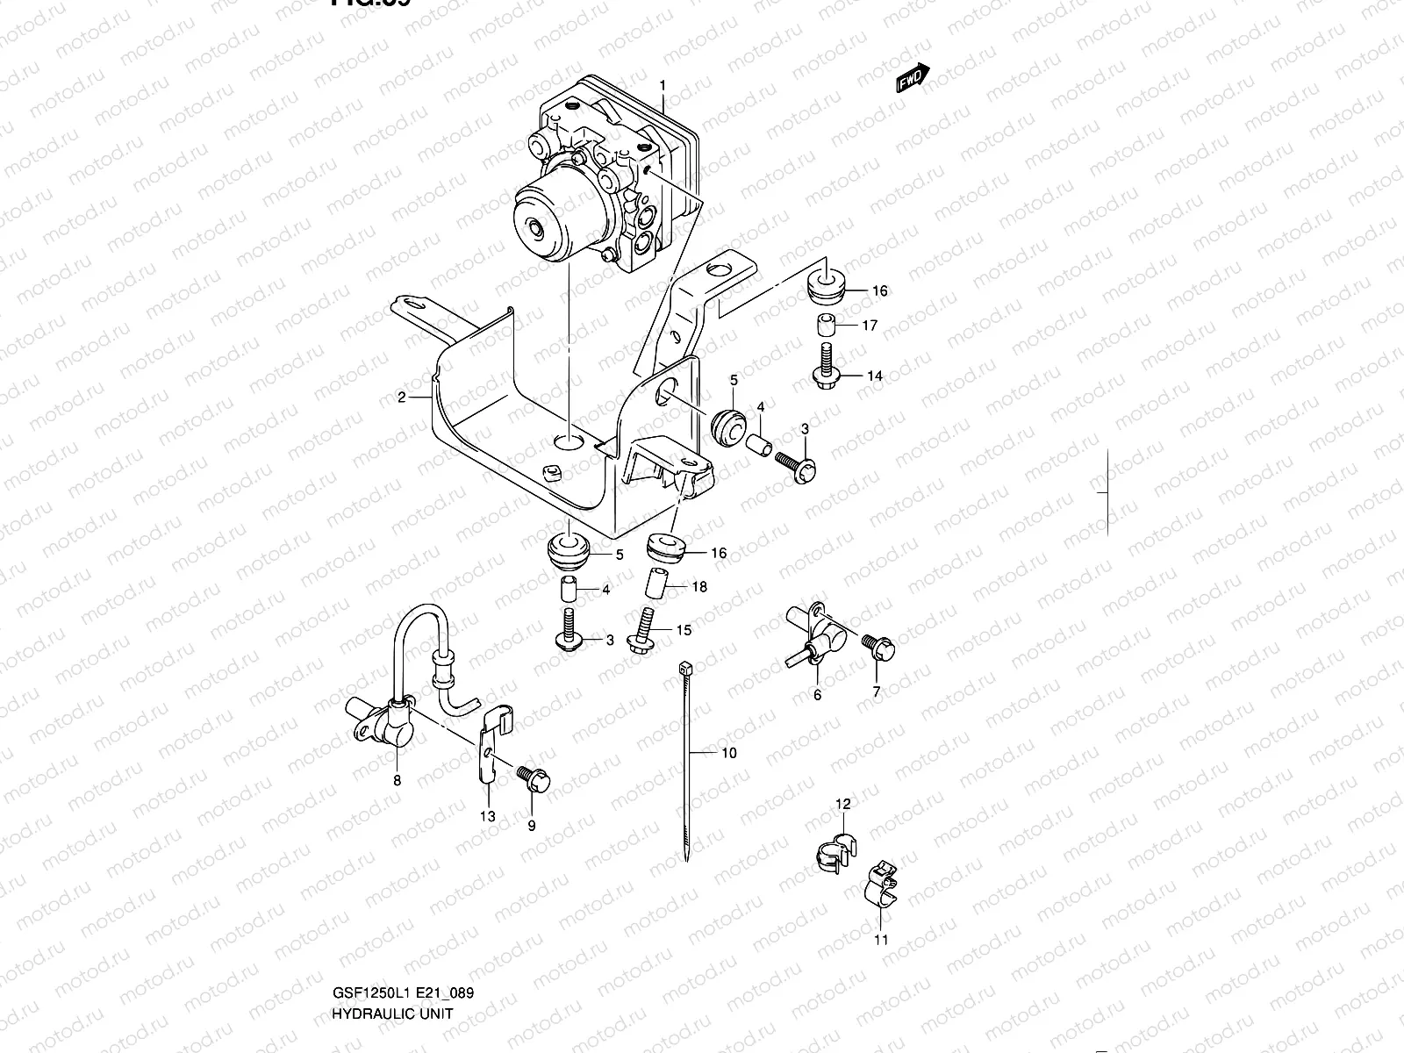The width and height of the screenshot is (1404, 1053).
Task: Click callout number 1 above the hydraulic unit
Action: pyautogui.click(x=663, y=86)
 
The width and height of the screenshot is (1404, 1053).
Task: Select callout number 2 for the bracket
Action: pyautogui.click(x=402, y=398)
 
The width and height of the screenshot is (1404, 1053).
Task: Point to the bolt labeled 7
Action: pyautogui.click(x=878, y=648)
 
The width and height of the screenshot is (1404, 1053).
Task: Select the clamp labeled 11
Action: pyautogui.click(x=881, y=887)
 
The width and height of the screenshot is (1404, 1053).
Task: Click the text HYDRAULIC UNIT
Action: pyautogui.click(x=392, y=1038)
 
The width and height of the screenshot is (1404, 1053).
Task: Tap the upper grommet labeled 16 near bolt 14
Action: pyautogui.click(x=825, y=285)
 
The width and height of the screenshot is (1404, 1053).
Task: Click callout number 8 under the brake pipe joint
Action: pyautogui.click(x=397, y=780)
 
